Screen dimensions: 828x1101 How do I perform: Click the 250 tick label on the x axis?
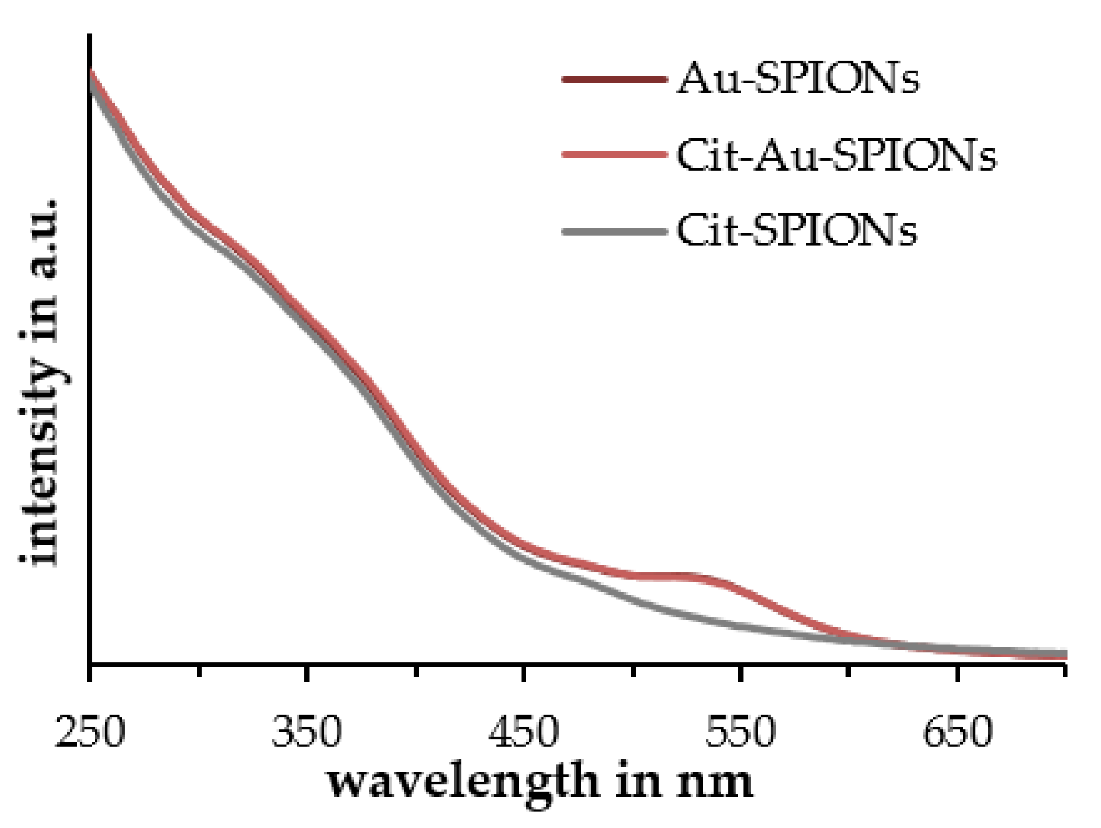90,732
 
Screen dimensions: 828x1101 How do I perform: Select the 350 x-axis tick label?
306,732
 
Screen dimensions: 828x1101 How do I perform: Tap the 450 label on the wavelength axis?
523,732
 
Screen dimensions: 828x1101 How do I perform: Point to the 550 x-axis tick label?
740,732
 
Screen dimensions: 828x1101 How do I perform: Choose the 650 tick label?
957,732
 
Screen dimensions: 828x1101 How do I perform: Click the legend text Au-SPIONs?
797,79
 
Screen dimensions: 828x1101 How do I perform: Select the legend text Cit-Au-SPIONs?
836,155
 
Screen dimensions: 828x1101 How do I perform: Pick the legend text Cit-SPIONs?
796,230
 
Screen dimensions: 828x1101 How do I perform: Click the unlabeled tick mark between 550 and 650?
848,671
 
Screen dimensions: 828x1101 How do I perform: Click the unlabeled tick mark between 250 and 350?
198,671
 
